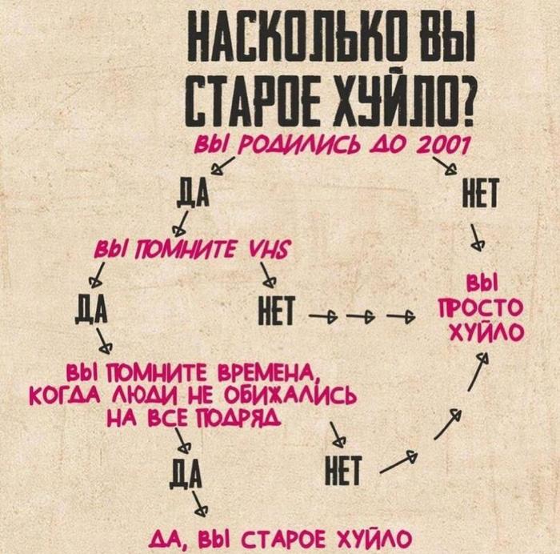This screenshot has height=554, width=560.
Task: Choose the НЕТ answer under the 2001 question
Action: coord(478,193)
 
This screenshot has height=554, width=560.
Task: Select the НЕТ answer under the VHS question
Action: coord(278,309)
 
